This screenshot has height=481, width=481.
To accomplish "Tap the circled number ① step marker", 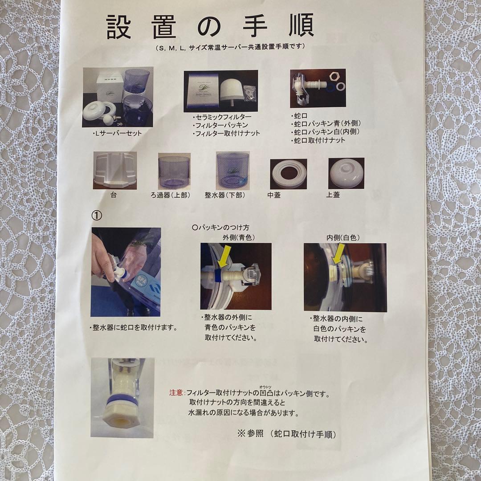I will click(97, 215).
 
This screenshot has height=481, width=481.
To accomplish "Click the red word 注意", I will click(176, 393).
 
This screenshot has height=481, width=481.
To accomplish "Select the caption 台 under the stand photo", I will click(114, 195).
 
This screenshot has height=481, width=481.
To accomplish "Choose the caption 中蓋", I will click(274, 195).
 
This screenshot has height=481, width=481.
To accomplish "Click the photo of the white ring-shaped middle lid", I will click(288, 174).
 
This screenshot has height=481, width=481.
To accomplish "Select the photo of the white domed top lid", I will click(346, 173).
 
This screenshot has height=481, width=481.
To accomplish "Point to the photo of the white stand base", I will click(115, 171).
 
